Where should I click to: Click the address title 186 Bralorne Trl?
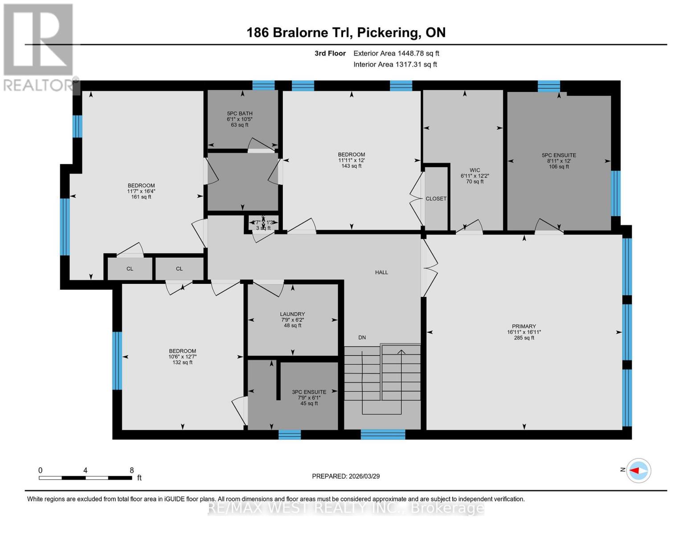coord(346,32)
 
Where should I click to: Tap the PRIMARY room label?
coord(524,326)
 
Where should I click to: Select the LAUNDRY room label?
coord(292,314)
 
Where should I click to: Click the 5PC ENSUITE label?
coord(559,155)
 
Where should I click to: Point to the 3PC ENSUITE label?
coord(309,392)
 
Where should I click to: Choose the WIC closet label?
coord(475,170)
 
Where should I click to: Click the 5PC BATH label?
coord(240,113)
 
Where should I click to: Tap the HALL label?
coord(381,272)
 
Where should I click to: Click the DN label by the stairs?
coord(362,337)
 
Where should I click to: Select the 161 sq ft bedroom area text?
coord(141,197)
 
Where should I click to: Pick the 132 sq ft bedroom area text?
coord(182,362)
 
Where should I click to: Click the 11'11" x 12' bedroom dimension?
coord(351,160)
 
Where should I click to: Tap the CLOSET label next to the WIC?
coord(436,199)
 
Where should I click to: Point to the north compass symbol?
coord(639,470)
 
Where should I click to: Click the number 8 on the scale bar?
coord(131,470)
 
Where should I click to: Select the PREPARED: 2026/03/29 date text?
coord(346,476)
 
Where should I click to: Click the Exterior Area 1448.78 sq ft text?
coord(396,53)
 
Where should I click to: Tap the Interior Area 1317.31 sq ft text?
coord(395,65)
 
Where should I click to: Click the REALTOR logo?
coord(39,47)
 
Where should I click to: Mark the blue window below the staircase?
coord(383,434)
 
